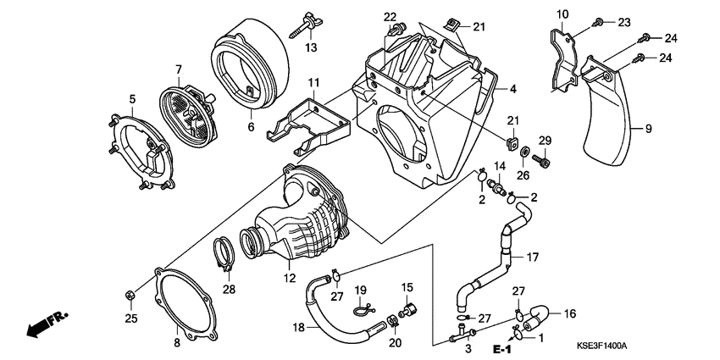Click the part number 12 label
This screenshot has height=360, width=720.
(288, 278)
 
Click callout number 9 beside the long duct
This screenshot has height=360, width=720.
(649, 129)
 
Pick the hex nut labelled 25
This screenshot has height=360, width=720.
(130, 296)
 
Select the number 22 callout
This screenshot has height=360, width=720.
(390, 17)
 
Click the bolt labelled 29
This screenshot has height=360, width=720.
(544, 158)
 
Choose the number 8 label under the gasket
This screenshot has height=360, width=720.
(176, 342)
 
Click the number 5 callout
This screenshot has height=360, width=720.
(133, 99)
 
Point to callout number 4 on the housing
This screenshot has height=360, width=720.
(512, 88)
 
